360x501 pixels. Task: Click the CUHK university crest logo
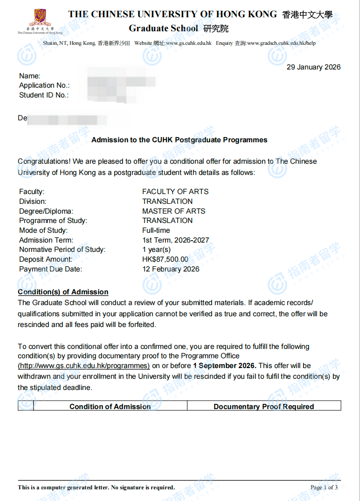(40, 18)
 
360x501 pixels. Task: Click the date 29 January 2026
(313, 67)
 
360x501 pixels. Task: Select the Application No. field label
(44, 85)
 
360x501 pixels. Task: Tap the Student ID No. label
(44, 95)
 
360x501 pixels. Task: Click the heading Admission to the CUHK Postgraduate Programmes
(180, 140)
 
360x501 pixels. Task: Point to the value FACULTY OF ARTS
(175, 192)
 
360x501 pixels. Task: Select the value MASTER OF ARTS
(173, 211)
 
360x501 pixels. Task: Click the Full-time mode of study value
(156, 230)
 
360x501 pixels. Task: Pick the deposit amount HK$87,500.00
(165, 259)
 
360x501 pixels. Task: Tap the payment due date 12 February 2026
(171, 269)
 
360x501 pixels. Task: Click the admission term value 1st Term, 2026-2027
(175, 240)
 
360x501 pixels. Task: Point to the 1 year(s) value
(156, 250)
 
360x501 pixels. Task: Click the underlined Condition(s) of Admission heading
(63, 292)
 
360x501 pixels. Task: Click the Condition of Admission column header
(110, 407)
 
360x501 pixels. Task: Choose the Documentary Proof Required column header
(264, 407)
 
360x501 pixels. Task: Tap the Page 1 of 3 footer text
(324, 487)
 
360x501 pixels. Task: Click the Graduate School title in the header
(164, 28)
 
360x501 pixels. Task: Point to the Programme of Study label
(53, 221)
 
